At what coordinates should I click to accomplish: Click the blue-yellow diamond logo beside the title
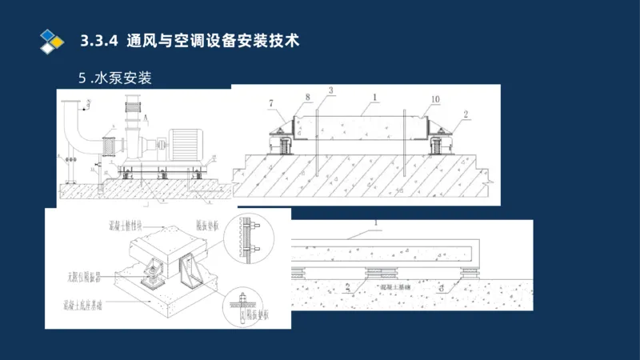pos(51,40)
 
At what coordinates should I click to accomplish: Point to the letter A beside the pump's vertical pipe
pos(146,117)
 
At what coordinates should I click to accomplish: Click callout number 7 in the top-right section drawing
pos(271,104)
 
